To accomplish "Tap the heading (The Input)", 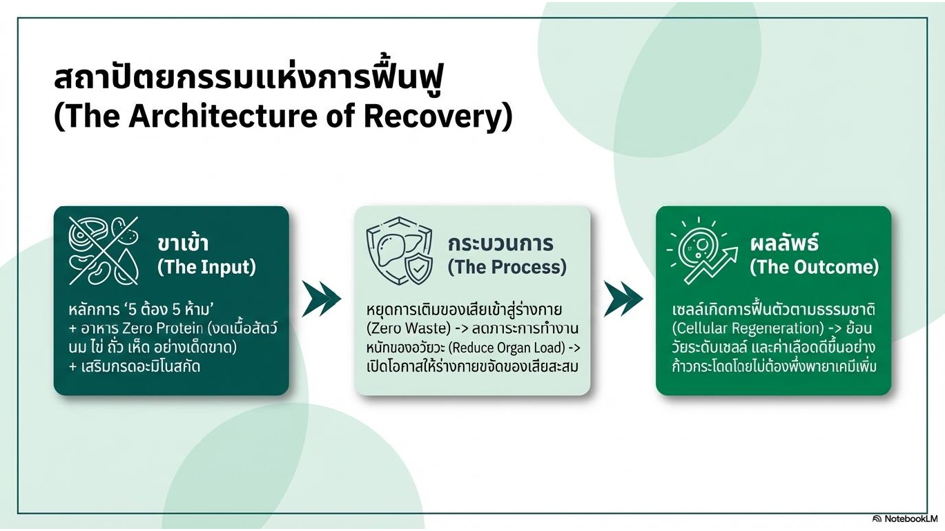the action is coord(206,267).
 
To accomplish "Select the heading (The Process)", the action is coord(507,267).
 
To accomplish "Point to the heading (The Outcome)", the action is coord(815,267).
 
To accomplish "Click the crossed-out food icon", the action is coord(104,250).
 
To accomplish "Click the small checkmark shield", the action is coord(418,268).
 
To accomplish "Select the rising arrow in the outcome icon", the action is coord(711,265).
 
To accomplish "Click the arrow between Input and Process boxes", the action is coord(322,299).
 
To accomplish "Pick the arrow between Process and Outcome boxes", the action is coord(623,299).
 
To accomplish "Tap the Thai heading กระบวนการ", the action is coord(500,243).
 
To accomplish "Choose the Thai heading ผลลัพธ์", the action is coord(784,243).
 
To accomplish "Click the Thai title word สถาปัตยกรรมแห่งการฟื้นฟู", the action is coord(249,79).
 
